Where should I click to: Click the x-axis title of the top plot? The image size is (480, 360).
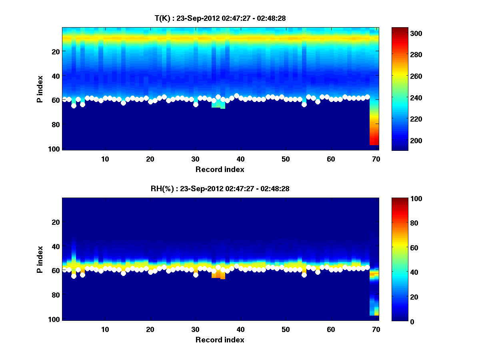click(220, 169)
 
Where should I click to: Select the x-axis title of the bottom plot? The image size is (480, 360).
click(220, 340)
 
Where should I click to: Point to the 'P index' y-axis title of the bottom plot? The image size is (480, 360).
click(40, 259)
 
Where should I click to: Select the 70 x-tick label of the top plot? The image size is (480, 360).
click(376, 159)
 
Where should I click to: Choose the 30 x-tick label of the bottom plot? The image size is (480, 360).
click(195, 329)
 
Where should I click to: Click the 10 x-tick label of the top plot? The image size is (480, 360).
click(105, 159)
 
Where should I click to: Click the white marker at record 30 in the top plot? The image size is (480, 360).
click(196, 104)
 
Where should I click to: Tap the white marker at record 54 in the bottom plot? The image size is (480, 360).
click(304, 275)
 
